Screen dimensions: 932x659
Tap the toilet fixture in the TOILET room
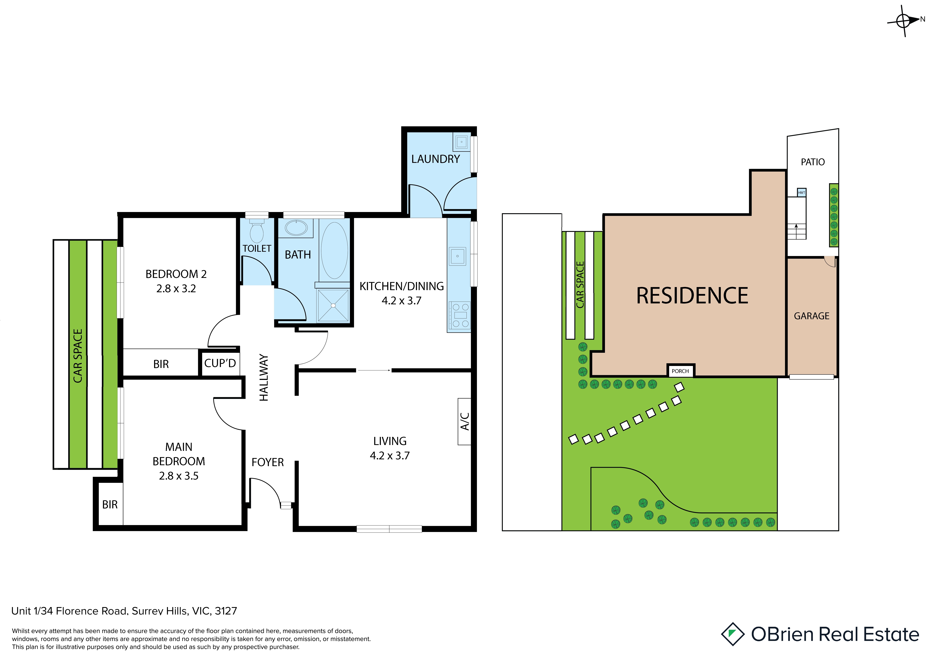click(x=257, y=231)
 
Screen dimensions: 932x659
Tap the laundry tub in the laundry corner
click(x=461, y=142)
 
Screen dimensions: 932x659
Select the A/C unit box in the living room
click(x=464, y=421)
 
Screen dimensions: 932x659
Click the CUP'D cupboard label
click(x=220, y=363)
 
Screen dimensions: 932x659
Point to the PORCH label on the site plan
click(x=680, y=371)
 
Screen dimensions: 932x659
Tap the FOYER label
click(x=268, y=463)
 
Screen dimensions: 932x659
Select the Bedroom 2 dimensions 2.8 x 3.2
click(x=176, y=289)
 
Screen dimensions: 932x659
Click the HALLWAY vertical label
click(x=264, y=378)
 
